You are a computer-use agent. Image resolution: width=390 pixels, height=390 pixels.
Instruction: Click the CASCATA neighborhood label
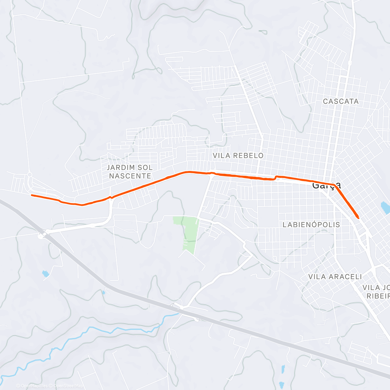(341, 101)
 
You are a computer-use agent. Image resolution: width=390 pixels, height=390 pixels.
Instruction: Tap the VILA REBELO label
(238, 156)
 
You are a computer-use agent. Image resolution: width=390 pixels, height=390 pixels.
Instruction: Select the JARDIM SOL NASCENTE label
(130, 172)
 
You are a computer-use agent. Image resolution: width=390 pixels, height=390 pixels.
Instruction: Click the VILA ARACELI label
(335, 277)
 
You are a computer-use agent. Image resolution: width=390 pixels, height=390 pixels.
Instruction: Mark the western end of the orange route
(32, 195)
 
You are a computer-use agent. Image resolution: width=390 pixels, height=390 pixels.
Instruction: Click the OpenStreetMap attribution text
(68, 386)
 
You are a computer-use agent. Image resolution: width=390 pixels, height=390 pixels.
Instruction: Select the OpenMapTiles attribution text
(34, 386)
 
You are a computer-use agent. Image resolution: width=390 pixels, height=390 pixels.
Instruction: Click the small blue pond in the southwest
(45, 274)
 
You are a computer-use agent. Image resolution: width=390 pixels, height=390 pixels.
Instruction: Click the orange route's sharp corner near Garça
(333, 185)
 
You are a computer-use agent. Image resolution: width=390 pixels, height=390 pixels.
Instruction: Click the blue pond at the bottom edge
(282, 369)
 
